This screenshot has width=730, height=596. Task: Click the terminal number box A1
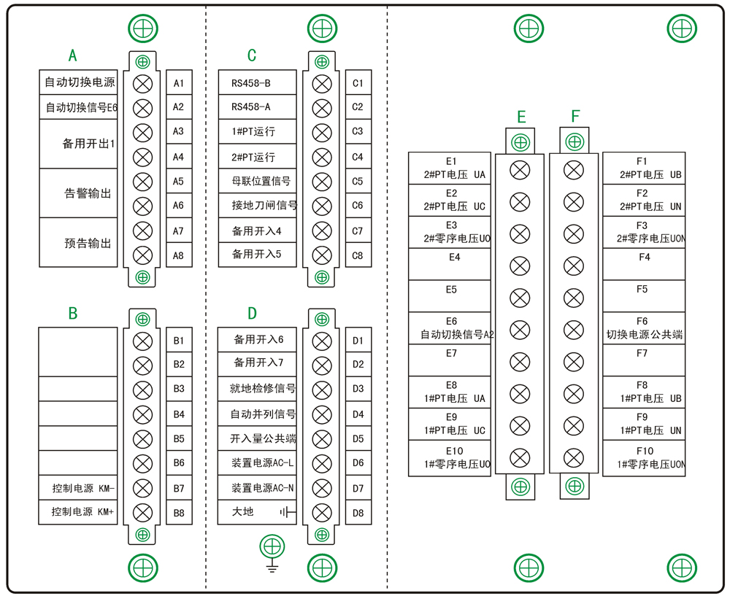178,82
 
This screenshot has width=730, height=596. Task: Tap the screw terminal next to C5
321,182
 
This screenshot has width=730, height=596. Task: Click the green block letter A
72,55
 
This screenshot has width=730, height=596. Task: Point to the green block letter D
253,314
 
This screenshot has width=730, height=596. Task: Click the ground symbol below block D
272,555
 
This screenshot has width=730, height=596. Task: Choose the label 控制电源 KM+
78,511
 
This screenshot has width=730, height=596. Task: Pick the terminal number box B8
178,512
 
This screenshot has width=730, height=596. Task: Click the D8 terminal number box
358,512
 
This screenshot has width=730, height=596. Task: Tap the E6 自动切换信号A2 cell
451,328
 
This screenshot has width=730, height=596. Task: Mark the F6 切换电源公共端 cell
643,328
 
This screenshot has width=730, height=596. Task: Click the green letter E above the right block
521,117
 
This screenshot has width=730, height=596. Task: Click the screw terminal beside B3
143,389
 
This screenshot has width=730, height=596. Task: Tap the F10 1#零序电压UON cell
643,457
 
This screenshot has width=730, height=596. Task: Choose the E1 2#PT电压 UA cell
451,168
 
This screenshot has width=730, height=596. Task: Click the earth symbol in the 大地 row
287,512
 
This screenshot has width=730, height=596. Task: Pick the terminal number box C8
358,255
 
